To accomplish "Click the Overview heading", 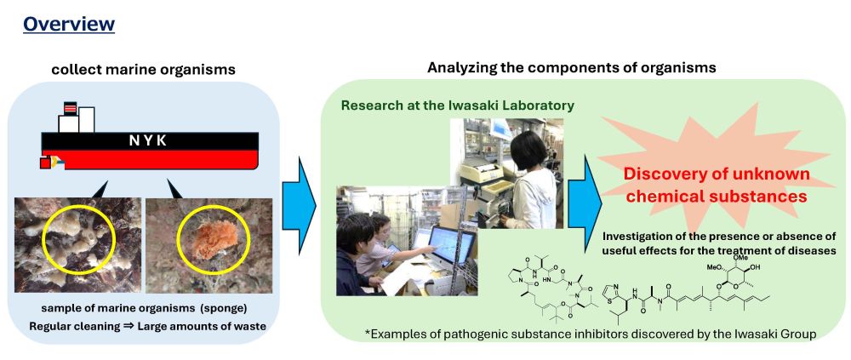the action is [x=69, y=24].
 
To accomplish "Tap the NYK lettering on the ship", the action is [x=148, y=141].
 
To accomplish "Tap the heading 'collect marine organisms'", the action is [x=143, y=70].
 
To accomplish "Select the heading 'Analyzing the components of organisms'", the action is [x=572, y=68].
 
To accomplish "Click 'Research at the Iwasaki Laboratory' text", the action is [x=457, y=106].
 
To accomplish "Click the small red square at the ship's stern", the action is [x=46, y=162].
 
